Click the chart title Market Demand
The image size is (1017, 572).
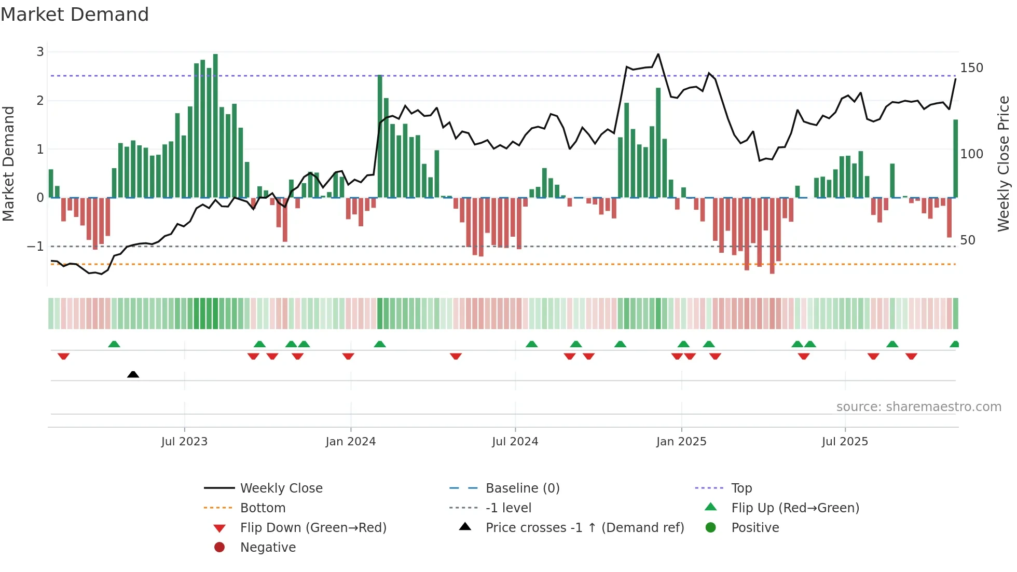(75, 15)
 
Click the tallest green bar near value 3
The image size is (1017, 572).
(215, 125)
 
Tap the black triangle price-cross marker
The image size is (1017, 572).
(133, 374)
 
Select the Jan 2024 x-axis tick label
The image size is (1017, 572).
(350, 441)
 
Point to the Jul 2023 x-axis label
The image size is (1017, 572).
(184, 441)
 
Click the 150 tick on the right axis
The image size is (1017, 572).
(971, 68)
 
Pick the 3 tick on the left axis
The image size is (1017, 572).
(40, 52)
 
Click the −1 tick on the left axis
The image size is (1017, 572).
(36, 246)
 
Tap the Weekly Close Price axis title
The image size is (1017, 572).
(1004, 164)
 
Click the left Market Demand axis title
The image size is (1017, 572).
(8, 164)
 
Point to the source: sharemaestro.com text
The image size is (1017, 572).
(918, 406)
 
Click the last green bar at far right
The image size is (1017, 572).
(955, 158)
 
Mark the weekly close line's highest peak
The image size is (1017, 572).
(658, 54)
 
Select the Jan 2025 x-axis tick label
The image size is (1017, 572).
(681, 441)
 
